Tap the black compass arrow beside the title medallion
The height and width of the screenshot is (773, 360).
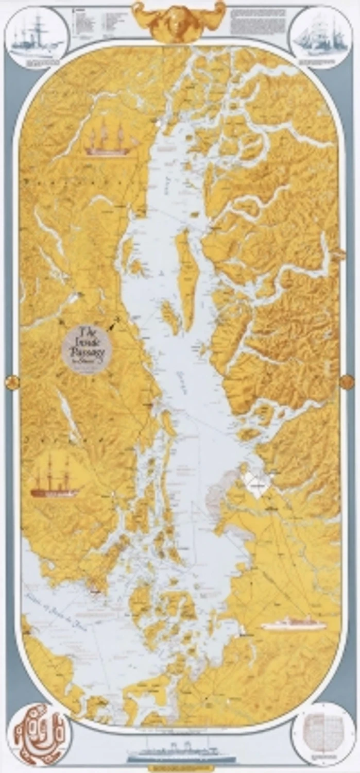114,323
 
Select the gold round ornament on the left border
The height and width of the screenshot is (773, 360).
11,382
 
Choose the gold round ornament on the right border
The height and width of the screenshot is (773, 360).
348,381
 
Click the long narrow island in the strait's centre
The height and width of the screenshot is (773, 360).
186,278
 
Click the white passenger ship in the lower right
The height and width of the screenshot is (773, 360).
294,625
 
